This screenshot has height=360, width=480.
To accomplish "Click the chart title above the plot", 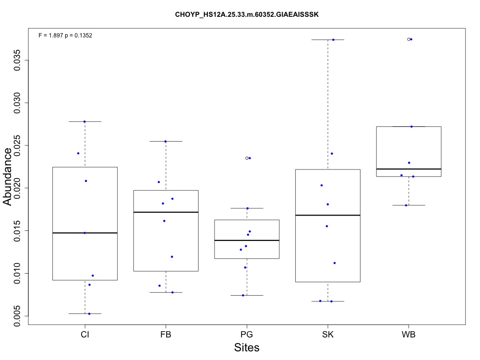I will point(247,15).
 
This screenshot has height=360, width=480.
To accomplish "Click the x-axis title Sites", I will point(247,348).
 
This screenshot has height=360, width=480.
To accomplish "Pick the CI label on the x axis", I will point(85,334).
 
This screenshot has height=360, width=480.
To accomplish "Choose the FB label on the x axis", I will point(166,334).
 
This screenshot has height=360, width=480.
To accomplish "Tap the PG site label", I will point(247,334).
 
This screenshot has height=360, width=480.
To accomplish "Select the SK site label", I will point(328,334).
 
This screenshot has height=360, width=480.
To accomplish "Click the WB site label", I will point(408,334).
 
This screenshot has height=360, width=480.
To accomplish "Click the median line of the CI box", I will point(85,233).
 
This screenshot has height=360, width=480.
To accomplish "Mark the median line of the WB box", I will point(408,169).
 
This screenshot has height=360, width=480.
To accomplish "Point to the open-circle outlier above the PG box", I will point(247,158).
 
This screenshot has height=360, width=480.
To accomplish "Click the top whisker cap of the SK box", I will point(328,39).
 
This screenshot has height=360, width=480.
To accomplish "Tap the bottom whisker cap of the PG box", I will point(247,295).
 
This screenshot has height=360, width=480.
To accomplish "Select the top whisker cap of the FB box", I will point(166,141).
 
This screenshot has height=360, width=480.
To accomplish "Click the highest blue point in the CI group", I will point(84,121).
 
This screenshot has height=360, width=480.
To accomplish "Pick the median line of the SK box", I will point(328,215).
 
